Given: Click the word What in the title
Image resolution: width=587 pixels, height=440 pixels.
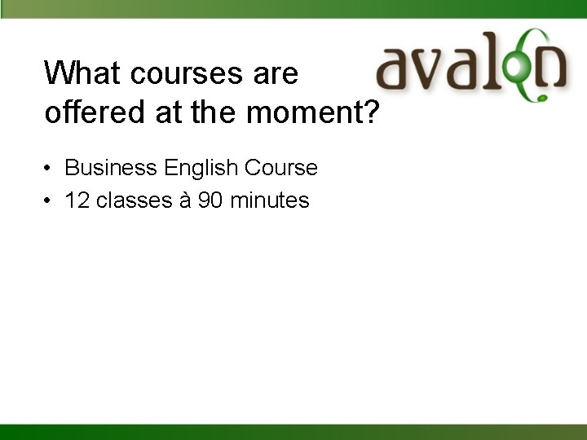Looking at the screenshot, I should click(x=82, y=73).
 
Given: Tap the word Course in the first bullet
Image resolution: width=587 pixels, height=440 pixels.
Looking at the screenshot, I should click(x=281, y=168).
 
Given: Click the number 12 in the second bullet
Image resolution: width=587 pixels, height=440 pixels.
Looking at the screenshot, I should click(x=77, y=200).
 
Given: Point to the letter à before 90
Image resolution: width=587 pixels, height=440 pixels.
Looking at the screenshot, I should click(x=183, y=200).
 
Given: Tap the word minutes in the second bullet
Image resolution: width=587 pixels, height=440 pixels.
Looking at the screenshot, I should click(x=270, y=200).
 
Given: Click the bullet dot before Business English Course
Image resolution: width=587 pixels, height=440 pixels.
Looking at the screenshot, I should click(x=50, y=169).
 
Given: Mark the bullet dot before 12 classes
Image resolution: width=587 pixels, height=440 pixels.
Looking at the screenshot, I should click(x=50, y=201).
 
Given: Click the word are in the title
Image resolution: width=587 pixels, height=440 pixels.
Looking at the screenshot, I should click(x=276, y=74).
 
